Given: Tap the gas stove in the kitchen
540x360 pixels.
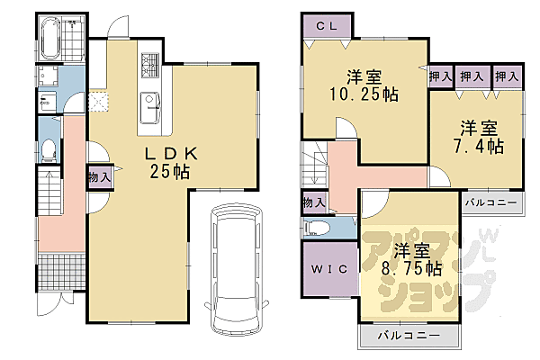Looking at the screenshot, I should pyautogui.click(x=148, y=65).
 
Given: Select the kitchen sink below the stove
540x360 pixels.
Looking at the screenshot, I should pyautogui.click(x=148, y=102).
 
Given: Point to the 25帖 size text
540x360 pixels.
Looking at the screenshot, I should pyautogui.click(x=170, y=171).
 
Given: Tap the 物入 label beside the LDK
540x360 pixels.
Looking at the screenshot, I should pyautogui.click(x=100, y=178).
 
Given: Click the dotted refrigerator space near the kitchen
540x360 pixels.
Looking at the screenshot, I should pyautogui.click(x=98, y=101).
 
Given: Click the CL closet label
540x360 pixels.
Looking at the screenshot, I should pyautogui.click(x=327, y=26).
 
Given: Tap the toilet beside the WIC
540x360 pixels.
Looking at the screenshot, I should pyautogui.click(x=318, y=227).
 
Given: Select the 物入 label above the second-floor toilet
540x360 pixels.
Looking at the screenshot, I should pyautogui.click(x=312, y=202).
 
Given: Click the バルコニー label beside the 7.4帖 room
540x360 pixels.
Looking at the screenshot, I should pyautogui.click(x=490, y=202).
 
